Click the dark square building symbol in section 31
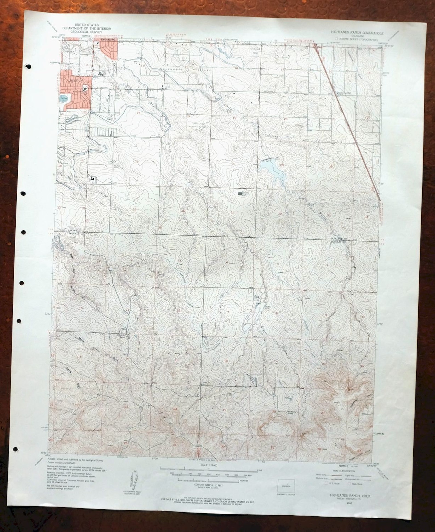point(240,193)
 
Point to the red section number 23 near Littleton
point(139,113)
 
